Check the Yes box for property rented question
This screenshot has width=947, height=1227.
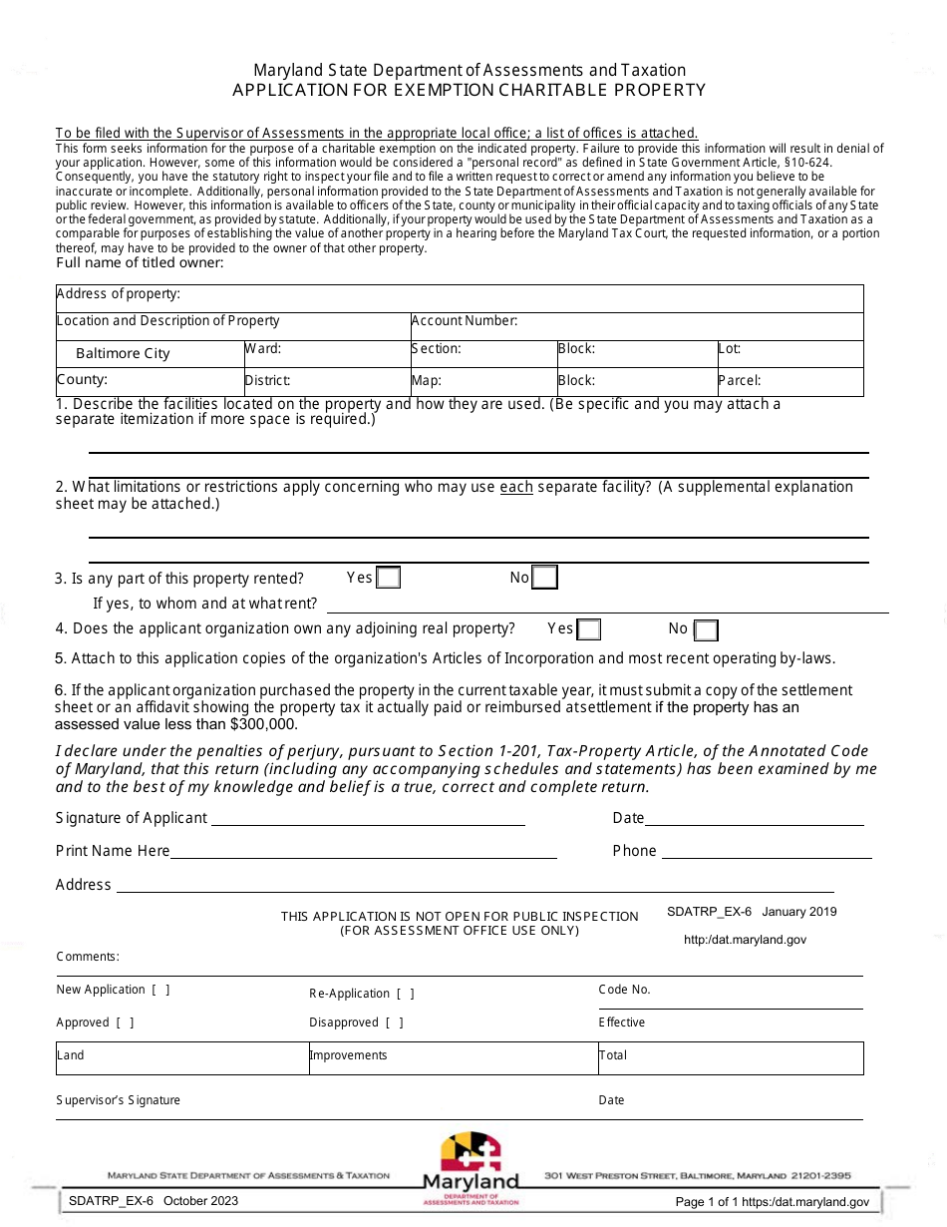point(389,578)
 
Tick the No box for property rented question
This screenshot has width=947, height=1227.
point(544,578)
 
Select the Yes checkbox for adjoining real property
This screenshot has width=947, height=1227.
point(589,629)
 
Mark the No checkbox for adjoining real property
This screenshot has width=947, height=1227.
point(706,629)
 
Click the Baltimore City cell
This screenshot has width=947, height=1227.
point(124,354)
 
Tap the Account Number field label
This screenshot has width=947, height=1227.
point(465,321)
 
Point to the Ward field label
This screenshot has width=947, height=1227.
point(263,349)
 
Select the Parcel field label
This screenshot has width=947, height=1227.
point(740,380)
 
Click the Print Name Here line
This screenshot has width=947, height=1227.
point(363,851)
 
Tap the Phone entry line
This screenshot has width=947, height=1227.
point(766,851)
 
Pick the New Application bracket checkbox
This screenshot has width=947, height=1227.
point(160,990)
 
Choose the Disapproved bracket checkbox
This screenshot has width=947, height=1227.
point(394,1022)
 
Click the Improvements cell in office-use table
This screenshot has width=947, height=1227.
point(349,1055)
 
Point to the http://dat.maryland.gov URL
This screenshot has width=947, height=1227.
point(745,940)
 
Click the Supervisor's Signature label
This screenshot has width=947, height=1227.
point(119,1100)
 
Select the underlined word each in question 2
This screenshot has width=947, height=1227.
point(515,487)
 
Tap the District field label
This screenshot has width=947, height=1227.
point(268,381)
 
